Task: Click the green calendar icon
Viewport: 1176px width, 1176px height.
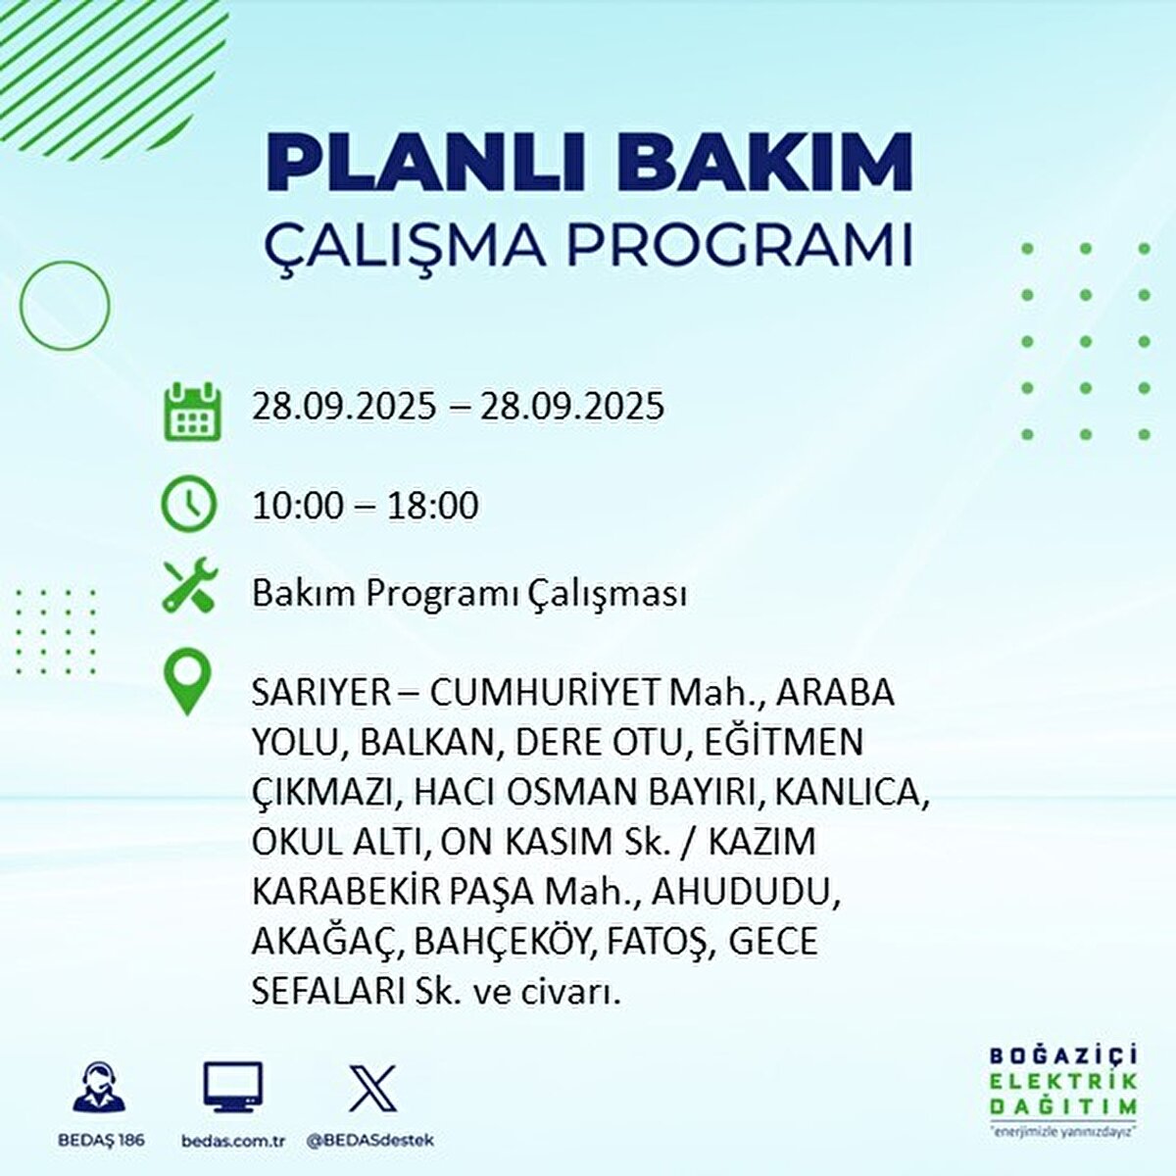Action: tap(191, 412)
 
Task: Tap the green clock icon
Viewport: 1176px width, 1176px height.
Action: tap(188, 504)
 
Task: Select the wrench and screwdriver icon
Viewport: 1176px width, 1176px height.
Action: tap(190, 585)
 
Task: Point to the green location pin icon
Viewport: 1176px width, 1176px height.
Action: tap(187, 684)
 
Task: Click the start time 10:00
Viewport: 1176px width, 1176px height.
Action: tap(298, 506)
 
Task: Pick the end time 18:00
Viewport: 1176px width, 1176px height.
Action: tap(431, 506)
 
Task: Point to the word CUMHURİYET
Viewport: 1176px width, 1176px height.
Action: tap(546, 693)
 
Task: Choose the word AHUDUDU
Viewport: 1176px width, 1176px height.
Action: tap(745, 892)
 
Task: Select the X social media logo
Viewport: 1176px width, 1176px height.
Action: tap(372, 1089)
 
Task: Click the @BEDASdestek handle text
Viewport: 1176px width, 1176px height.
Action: tap(369, 1141)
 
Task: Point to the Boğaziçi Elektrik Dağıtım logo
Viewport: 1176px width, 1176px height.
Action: tap(1062, 1089)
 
